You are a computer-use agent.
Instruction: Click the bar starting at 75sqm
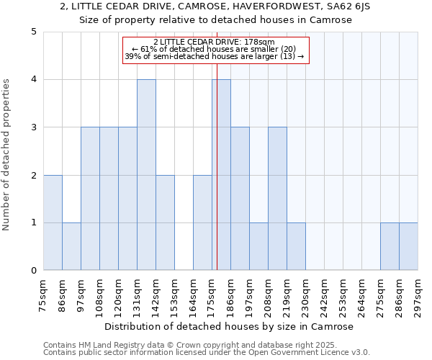(x=53, y=222)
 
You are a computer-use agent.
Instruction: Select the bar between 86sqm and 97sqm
(x=71, y=246)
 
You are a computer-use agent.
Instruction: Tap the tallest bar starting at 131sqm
(x=146, y=175)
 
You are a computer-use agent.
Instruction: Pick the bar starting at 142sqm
(x=165, y=222)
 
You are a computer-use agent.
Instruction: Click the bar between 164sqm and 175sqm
(x=202, y=222)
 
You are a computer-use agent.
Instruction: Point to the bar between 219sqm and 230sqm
(x=296, y=246)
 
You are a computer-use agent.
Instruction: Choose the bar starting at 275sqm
(x=390, y=246)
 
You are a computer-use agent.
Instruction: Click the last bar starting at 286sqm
(x=408, y=246)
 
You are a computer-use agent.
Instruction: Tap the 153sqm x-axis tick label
(x=175, y=295)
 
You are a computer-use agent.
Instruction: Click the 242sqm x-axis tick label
(x=325, y=295)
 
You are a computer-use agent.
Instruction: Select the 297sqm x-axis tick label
(x=418, y=295)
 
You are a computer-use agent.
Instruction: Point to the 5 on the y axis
(x=33, y=32)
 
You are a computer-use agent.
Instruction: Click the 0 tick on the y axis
(x=33, y=271)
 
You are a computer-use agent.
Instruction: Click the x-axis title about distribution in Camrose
(x=230, y=326)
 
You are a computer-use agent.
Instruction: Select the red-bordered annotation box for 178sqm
(x=215, y=49)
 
